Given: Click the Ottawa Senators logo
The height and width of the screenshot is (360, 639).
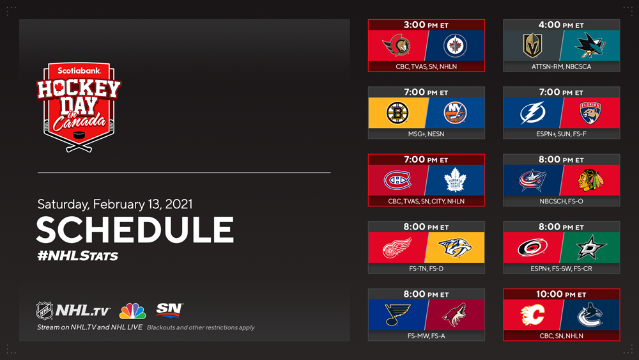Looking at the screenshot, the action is (x=397, y=45).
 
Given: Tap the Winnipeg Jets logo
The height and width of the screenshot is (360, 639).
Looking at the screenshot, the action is (x=455, y=45).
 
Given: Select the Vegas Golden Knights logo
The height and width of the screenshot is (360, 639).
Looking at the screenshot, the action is (x=532, y=45).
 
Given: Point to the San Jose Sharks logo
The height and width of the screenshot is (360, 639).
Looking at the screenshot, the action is (x=590, y=45).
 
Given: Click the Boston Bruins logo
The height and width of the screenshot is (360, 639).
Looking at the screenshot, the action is (x=397, y=113).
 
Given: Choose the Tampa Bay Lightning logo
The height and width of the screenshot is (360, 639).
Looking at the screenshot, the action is (x=532, y=113).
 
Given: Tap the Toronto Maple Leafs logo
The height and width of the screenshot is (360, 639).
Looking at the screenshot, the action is (x=455, y=180).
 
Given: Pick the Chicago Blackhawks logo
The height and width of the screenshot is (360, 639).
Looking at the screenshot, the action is (x=590, y=180).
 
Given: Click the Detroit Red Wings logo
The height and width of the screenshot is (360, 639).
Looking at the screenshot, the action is (x=397, y=247).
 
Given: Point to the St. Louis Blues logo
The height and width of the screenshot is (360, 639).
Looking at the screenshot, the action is (x=397, y=315).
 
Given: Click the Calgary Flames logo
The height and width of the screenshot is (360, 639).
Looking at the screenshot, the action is (x=533, y=315).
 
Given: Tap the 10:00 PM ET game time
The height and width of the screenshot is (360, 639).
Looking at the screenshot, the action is (x=561, y=294).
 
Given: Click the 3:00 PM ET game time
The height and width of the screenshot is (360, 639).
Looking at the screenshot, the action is (x=426, y=25).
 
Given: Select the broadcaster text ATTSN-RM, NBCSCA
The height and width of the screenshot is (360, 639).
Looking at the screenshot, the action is (x=561, y=67).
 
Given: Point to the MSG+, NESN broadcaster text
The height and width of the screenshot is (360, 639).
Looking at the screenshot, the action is (x=426, y=134).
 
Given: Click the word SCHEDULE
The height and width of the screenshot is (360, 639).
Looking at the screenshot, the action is (x=135, y=230).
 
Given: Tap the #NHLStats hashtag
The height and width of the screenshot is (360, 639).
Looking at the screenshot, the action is (x=77, y=256).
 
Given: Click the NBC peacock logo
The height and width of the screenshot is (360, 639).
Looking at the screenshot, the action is (x=132, y=311).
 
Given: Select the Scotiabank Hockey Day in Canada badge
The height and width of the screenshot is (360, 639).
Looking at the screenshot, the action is (x=79, y=107).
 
